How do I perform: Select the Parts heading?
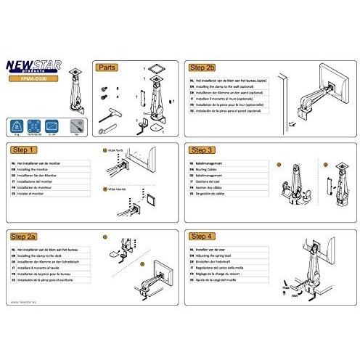[107, 66]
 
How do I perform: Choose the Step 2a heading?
[28, 237]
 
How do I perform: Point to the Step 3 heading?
[202, 151]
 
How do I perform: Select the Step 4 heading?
[202, 237]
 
